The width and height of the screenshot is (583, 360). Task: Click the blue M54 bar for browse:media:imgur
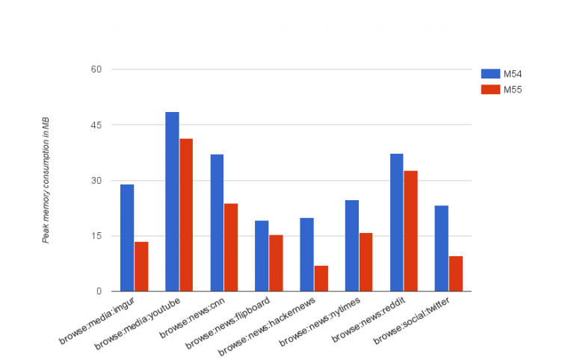127,238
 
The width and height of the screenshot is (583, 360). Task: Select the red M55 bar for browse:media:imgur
141,267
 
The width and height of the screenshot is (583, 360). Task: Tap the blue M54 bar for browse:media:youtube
172,202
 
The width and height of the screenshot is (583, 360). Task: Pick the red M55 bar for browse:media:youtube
186,215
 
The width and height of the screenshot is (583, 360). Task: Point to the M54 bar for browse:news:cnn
217,223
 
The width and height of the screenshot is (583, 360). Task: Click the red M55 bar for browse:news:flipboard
276,263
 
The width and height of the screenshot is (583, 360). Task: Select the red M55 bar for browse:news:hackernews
321,279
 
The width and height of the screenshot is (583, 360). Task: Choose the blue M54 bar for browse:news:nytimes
351,246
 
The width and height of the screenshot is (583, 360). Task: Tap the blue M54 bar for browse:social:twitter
441,248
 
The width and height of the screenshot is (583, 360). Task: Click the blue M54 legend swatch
490,73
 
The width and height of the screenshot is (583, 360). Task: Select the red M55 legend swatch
490,90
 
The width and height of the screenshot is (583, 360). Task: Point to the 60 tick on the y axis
96,69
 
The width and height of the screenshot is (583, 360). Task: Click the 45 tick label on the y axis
96,125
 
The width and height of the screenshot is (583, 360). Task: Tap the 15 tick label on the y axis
96,236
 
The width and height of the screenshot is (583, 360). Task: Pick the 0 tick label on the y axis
99,291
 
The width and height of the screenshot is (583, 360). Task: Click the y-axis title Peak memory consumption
46,180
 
